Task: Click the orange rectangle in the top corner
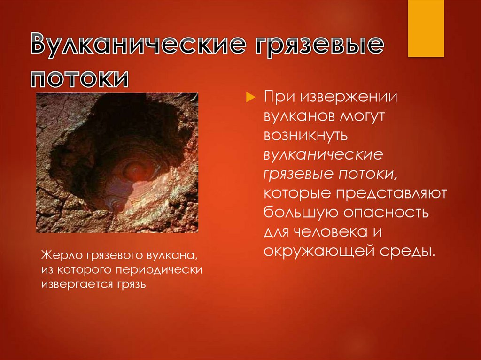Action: [426, 28]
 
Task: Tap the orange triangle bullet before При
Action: [250, 97]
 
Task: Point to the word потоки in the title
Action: [80, 77]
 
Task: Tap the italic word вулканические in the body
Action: [324, 154]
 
